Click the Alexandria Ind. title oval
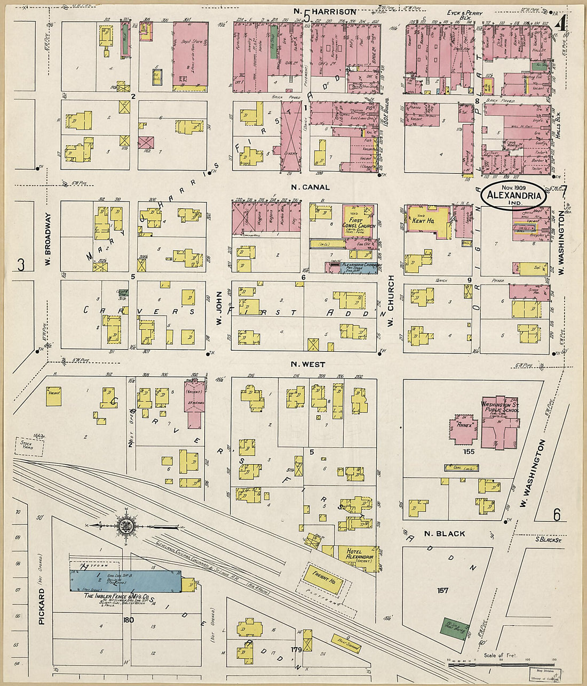(x=514, y=196)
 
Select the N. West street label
(x=308, y=365)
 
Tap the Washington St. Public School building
(x=500, y=421)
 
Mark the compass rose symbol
(x=127, y=525)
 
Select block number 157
(x=442, y=590)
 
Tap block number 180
(x=128, y=620)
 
